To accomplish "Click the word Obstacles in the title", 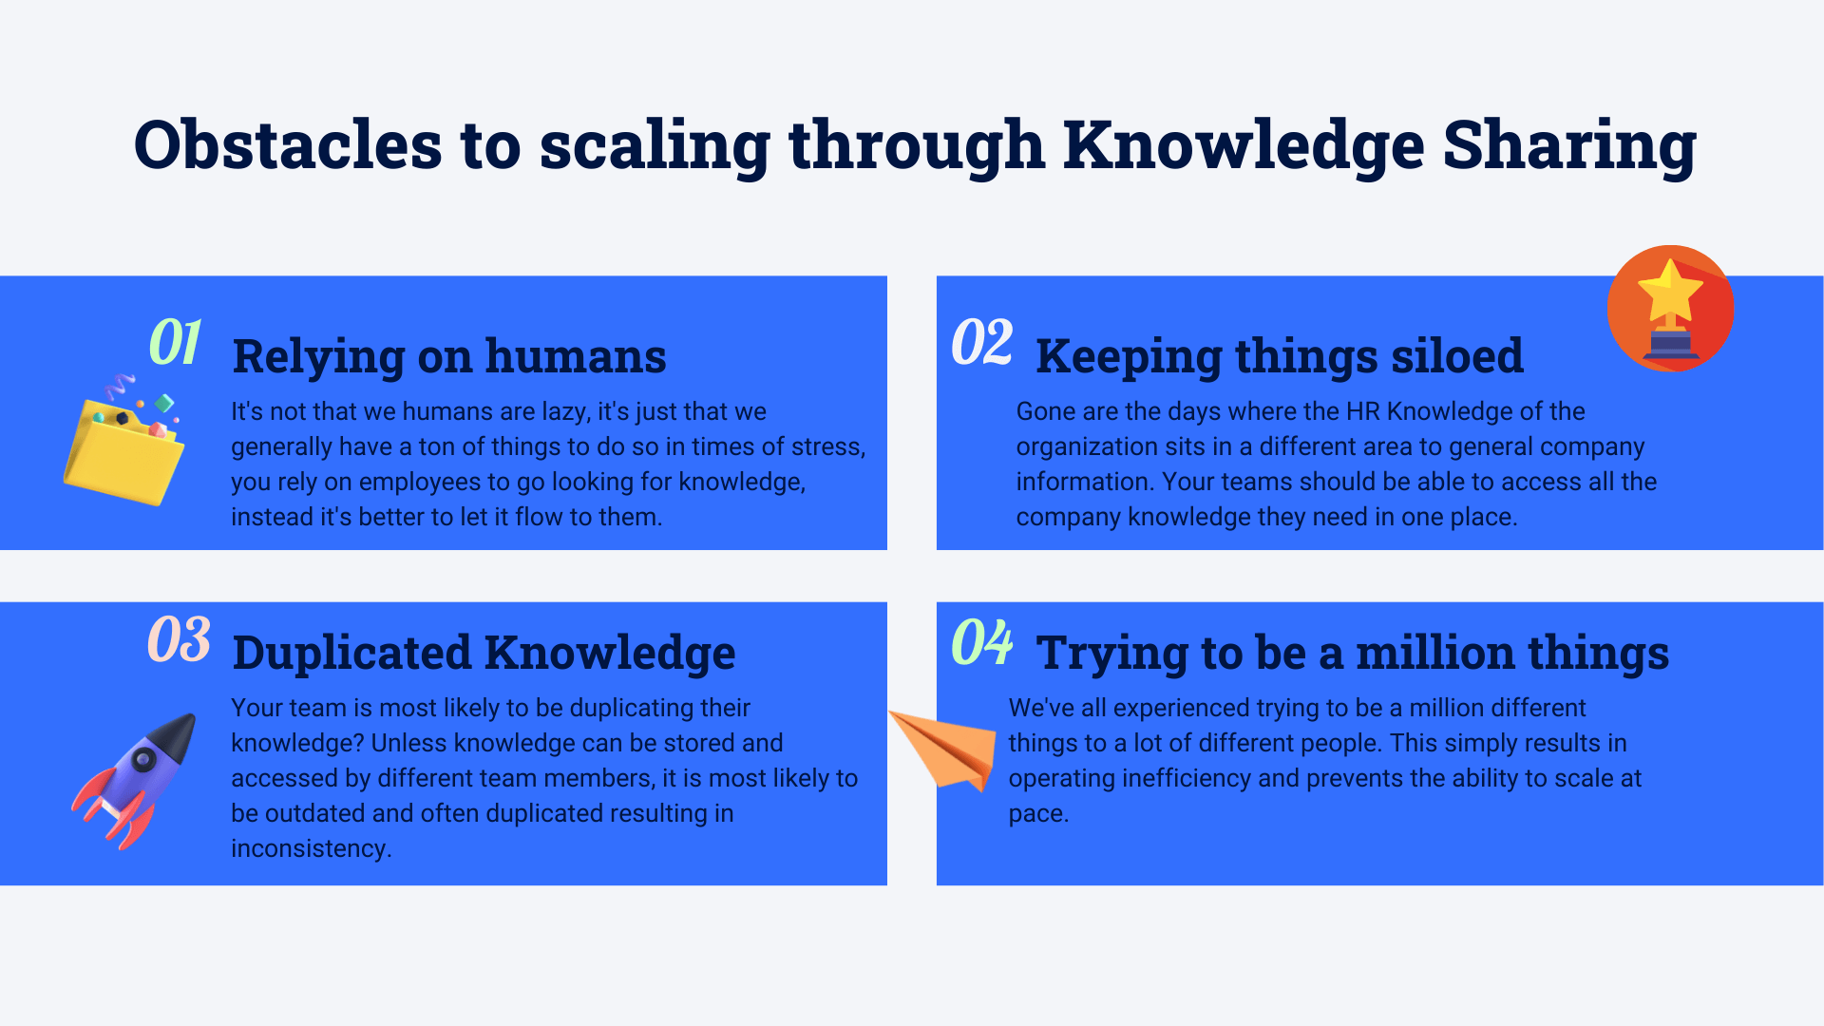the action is [288, 145].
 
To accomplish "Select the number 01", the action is [175, 342].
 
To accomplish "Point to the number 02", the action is [982, 342].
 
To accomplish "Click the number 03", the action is [179, 639].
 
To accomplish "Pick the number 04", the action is [982, 642].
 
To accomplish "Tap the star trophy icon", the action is [1670, 308].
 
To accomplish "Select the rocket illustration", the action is [133, 781].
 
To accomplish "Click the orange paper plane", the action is [942, 750].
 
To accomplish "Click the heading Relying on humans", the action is [449, 356].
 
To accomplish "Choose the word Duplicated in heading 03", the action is [351, 653].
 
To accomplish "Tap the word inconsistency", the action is [311, 848].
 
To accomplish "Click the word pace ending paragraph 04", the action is [1038, 814].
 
